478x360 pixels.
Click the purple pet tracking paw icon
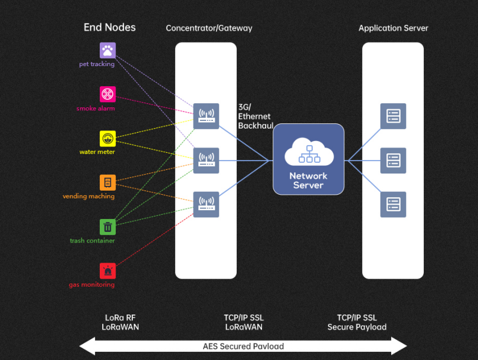click(x=107, y=50)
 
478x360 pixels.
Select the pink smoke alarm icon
click(x=107, y=94)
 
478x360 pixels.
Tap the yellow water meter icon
click(x=107, y=138)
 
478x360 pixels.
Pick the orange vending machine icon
click(x=107, y=182)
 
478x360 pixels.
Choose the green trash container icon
click(x=107, y=227)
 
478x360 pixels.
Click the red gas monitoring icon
click(x=107, y=271)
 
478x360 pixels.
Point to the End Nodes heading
click(x=110, y=27)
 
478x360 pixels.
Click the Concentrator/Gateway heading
click(x=209, y=28)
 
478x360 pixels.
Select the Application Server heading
click(x=393, y=28)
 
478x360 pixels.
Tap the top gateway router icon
click(x=206, y=116)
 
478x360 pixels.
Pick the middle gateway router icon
click(x=206, y=160)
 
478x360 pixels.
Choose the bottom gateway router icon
click(x=206, y=204)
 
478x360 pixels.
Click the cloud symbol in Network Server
click(x=309, y=152)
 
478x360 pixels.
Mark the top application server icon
click(x=393, y=116)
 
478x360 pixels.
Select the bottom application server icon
click(x=393, y=204)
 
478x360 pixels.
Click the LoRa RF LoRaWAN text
click(x=120, y=322)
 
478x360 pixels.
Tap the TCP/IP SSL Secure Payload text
click(x=356, y=322)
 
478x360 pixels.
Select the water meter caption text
click(x=97, y=152)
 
